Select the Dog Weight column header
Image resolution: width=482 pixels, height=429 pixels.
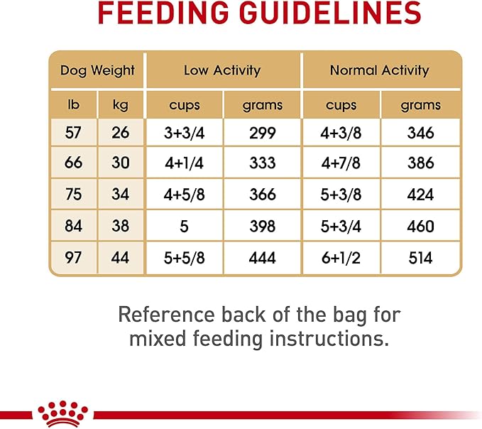[x=97, y=70]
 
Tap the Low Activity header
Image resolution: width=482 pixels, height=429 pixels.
[x=222, y=70]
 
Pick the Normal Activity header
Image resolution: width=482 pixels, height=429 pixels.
[x=380, y=70]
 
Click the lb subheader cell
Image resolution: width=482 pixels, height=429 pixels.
[x=73, y=106]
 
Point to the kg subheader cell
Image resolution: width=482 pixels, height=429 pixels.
[x=121, y=106]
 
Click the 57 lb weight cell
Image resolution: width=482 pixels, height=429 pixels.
[x=73, y=131]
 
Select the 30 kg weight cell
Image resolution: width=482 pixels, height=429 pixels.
[x=121, y=163]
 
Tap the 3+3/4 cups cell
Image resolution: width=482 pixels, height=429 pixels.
[x=185, y=131]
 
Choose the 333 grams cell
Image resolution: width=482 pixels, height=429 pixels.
[x=263, y=163]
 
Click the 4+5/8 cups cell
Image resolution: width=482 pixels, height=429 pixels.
[x=185, y=194]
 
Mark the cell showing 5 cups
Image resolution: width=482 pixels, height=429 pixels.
[x=185, y=225]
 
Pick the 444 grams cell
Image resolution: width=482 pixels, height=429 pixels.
[x=263, y=256]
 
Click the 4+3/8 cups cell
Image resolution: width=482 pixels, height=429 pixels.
[x=341, y=131]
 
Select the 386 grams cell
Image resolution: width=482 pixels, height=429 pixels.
[x=420, y=163]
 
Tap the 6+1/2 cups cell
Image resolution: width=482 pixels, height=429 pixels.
[x=341, y=256]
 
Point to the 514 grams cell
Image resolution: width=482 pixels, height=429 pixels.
[x=420, y=256]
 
